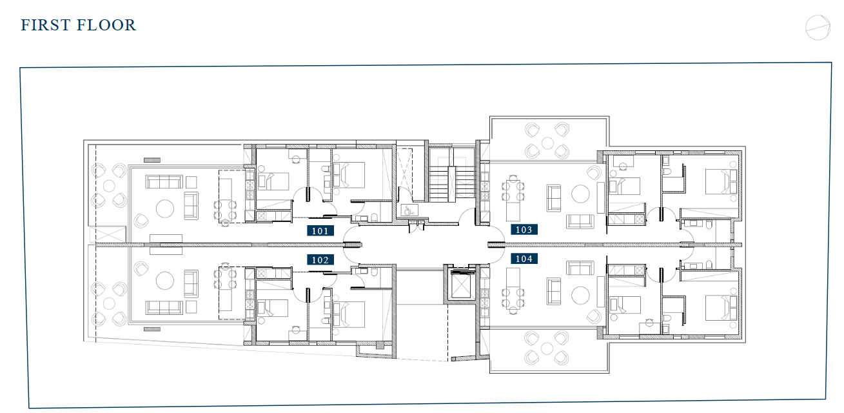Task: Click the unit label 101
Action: (x=320, y=230)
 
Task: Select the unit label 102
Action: (x=320, y=259)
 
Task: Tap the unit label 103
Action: (x=524, y=229)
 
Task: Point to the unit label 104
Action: (x=524, y=258)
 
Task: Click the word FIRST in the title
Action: (x=45, y=25)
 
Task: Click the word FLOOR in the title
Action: (x=106, y=25)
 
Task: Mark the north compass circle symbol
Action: (x=818, y=28)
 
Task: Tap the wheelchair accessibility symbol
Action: (x=409, y=210)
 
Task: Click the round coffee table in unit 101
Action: (x=165, y=208)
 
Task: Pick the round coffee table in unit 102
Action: (x=165, y=281)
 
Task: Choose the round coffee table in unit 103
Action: (x=580, y=194)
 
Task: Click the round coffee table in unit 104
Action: (x=580, y=296)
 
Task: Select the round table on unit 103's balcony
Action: (x=547, y=143)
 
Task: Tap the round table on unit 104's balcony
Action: (x=547, y=348)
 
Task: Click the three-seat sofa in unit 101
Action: (x=164, y=181)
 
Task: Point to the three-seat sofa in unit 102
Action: (x=164, y=308)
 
